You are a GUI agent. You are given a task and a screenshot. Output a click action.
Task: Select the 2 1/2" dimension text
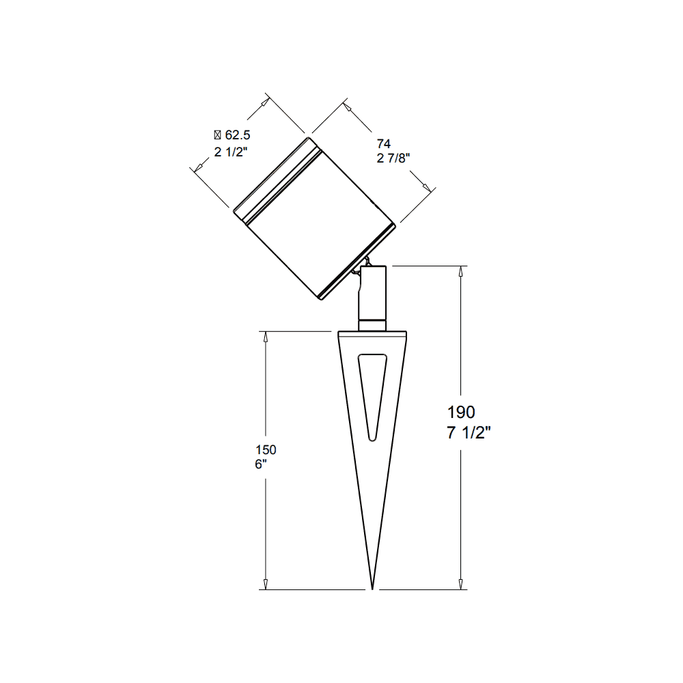pyautogui.click(x=230, y=152)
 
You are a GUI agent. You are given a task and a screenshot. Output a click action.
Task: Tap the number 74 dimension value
pyautogui.click(x=383, y=143)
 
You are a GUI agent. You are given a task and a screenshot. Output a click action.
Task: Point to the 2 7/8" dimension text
pyautogui.click(x=393, y=159)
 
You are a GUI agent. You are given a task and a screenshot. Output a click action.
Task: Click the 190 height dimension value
pyautogui.click(x=461, y=413)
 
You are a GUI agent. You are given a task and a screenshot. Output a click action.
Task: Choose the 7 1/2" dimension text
pyautogui.click(x=469, y=433)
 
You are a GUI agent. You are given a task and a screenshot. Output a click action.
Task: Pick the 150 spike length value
pyautogui.click(x=266, y=450)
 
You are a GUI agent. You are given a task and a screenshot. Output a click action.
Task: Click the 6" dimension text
pyautogui.click(x=260, y=464)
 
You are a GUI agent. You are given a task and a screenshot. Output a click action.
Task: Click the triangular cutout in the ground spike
pyautogui.click(x=373, y=393)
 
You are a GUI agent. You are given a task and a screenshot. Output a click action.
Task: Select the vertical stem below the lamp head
pyautogui.click(x=373, y=290)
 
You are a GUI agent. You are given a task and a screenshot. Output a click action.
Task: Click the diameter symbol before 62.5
pyautogui.click(x=218, y=135)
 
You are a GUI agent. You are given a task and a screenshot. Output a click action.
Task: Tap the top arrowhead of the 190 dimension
pyautogui.click(x=462, y=270)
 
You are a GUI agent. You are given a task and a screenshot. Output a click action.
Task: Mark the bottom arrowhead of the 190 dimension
pyautogui.click(x=462, y=584)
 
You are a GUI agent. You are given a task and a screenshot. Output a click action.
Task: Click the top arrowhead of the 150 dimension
pyautogui.click(x=266, y=336)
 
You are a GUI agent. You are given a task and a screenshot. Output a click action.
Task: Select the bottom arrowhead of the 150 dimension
pyautogui.click(x=266, y=584)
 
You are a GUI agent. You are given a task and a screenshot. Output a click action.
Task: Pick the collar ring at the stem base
pyautogui.click(x=373, y=323)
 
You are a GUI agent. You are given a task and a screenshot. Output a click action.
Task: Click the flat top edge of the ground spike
pyautogui.click(x=373, y=333)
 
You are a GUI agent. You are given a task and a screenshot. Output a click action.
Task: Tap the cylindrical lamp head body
pyautogui.click(x=314, y=219)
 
